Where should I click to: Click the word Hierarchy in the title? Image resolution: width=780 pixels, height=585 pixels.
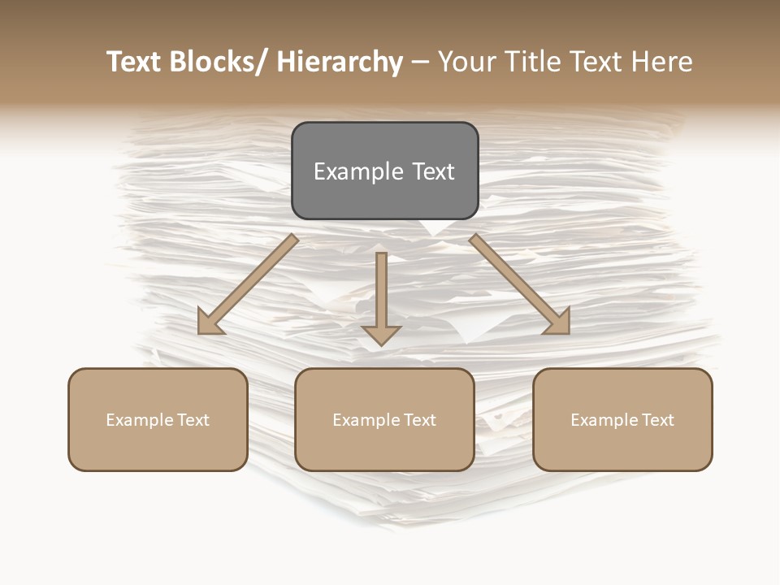340,62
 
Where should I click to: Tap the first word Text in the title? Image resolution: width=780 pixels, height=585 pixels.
135,62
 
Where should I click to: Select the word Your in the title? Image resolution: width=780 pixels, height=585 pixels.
466,62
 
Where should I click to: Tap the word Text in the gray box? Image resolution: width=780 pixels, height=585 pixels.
432,171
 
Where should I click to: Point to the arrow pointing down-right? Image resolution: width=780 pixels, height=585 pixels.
520,284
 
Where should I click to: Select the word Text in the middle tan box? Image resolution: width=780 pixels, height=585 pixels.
418,420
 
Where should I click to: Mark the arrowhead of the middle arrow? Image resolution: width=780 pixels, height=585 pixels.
381,335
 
